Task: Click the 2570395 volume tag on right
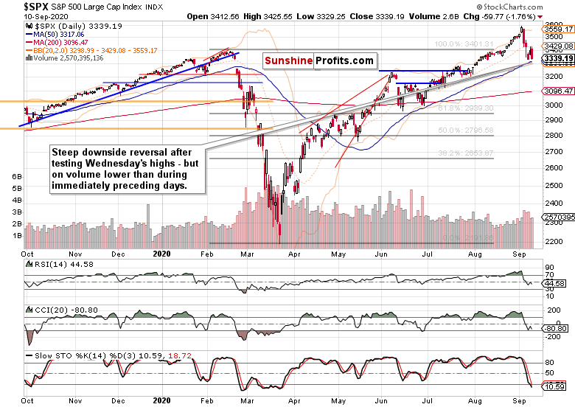559,218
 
